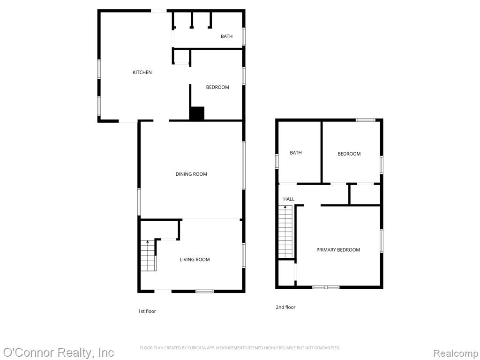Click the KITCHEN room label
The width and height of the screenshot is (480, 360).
pos(142,72)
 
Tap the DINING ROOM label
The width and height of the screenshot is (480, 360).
pos(191,174)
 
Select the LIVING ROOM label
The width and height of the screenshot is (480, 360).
pos(195,259)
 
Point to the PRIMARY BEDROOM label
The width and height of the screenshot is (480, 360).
pos(338,249)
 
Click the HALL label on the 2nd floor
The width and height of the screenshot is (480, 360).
pos(289,199)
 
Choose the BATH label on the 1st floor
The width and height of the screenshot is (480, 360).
pos(226,36)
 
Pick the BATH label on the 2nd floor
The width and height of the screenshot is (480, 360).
pos(296,152)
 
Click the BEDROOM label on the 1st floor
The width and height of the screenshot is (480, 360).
pos(217,87)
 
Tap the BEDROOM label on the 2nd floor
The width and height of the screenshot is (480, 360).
pos(349,154)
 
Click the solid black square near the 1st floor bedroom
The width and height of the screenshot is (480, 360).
pos(197,113)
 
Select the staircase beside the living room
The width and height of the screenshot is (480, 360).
pos(149,255)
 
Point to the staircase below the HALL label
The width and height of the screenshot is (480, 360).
pos(285,232)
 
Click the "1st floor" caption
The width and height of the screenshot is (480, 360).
pos(147,311)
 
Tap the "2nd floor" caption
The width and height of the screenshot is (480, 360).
pos(285,307)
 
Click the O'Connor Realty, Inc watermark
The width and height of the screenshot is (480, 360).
pos(58,352)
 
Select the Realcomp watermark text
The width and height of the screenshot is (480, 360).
pos(456,353)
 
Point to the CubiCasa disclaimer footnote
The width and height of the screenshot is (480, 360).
pos(240,348)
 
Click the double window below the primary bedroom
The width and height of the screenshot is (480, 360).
pos(326,287)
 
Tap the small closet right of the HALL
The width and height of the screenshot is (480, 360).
pos(365,195)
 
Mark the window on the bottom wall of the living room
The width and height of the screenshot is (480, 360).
pos(204,291)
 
